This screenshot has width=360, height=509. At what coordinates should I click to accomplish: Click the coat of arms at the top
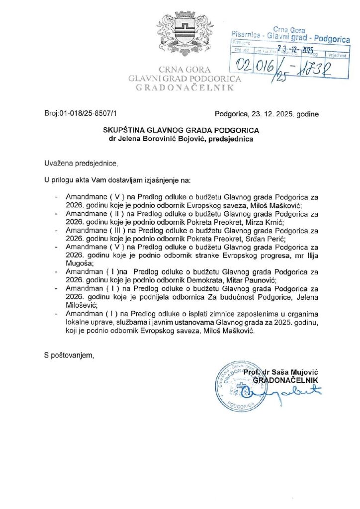click(x=184, y=37)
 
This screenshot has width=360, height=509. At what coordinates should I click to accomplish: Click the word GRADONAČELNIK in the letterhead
click(x=184, y=87)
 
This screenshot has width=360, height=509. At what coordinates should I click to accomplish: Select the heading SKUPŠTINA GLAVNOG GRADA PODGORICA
click(x=181, y=130)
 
